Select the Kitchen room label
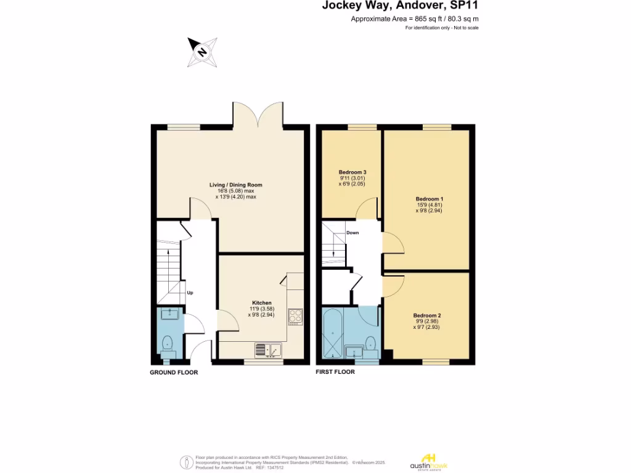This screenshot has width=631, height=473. [261, 303]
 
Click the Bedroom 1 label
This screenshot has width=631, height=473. [429, 199]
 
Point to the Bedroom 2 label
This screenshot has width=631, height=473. [426, 315]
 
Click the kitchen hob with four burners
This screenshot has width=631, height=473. [295, 316]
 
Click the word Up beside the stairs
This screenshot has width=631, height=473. [190, 293]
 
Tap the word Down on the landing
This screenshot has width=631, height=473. [352, 233]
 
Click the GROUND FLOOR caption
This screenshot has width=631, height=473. [174, 372]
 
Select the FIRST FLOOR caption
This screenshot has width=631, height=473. [335, 372]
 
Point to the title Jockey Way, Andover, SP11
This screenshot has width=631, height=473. [401, 6]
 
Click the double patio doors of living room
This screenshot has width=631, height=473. [258, 114]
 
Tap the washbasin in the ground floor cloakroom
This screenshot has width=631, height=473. [169, 315]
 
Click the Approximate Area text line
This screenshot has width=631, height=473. [414, 19]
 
